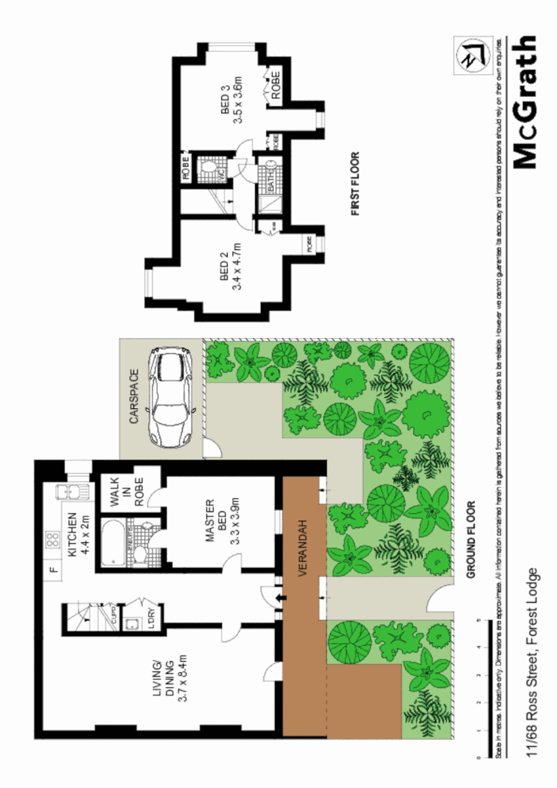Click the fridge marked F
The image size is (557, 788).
[53, 569]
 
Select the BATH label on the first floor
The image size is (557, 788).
[270, 181]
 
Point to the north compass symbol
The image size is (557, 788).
[473, 55]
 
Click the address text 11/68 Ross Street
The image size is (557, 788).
[533, 663]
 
